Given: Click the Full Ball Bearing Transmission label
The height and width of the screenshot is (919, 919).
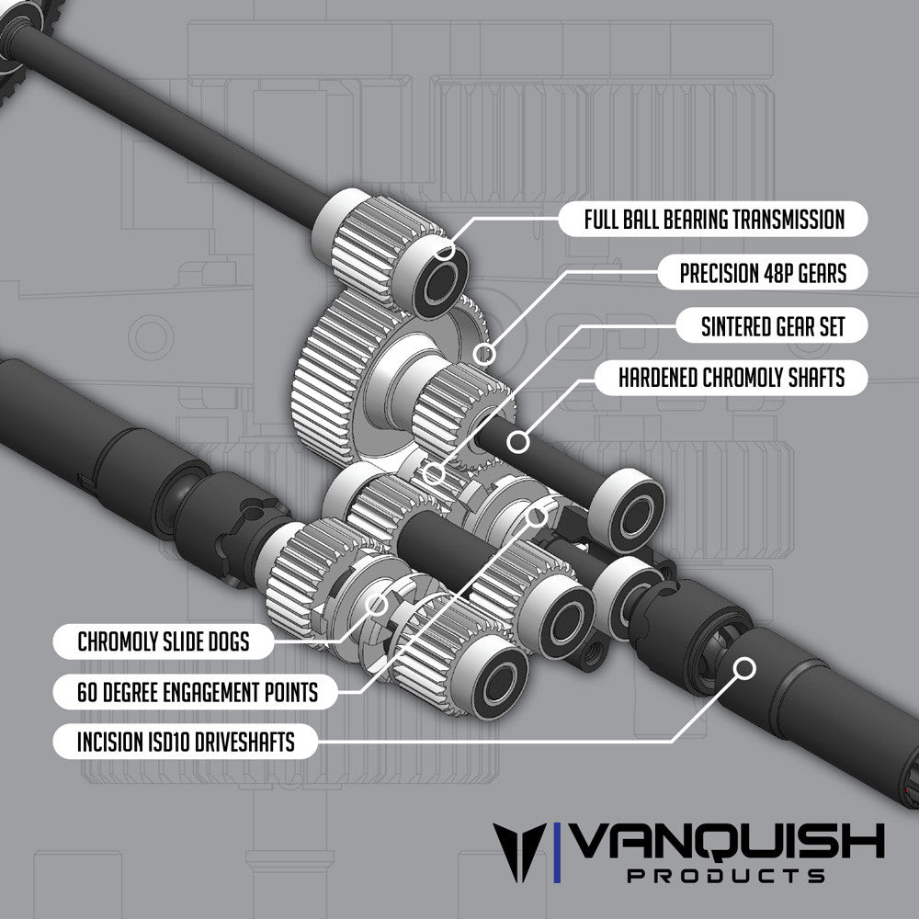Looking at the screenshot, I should pos(714,220).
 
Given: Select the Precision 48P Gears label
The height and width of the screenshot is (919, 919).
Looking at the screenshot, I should pos(762,273).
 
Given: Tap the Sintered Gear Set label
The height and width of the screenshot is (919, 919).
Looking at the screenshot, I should pos(772,325).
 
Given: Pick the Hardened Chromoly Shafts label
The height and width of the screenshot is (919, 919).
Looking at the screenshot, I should pos(731,377).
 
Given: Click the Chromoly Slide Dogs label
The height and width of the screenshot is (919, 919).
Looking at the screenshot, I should pos(163,641).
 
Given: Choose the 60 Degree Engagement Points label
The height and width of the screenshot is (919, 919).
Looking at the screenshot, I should pos(198,691).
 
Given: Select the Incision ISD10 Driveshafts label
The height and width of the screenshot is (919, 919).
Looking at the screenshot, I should pos(186,742).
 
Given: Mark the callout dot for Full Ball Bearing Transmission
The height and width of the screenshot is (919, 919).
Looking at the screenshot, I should pos(445,251).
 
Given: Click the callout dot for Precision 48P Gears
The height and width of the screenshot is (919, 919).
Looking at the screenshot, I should pos(486,353).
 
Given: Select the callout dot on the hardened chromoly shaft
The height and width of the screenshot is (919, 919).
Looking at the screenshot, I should pos(519,442).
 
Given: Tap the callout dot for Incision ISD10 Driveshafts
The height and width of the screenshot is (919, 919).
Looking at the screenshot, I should pos(743,667).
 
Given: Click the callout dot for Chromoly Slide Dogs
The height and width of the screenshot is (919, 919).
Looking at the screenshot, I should pos(376,604).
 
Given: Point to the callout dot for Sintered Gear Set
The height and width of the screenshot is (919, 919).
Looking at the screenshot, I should pos(435,474).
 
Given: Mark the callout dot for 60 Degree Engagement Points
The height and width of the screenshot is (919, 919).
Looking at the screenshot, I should pos(536,515).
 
